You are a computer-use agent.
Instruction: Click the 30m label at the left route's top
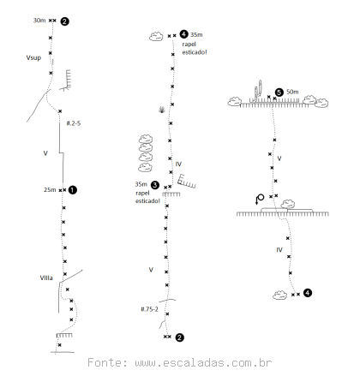[39, 21]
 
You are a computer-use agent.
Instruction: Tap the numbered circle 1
[73, 190]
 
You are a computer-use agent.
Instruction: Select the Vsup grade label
[33, 57]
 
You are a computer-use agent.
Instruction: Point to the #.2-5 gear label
[74, 123]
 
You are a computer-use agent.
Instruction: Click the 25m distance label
[50, 190]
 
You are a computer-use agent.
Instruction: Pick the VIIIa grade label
[46, 278]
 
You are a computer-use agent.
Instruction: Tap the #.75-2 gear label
[149, 309]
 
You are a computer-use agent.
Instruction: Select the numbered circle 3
[154, 185]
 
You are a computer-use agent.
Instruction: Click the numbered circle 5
[279, 93]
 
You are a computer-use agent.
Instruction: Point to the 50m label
[292, 92]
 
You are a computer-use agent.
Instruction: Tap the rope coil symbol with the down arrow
[260, 199]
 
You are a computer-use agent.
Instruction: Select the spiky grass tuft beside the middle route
[162, 110]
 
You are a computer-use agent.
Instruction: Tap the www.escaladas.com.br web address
[203, 363]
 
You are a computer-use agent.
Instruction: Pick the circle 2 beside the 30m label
[64, 21]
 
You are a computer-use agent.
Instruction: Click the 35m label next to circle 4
[196, 35]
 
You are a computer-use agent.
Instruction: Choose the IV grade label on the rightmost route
[279, 250]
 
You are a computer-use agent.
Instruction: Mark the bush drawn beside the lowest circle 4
[280, 295]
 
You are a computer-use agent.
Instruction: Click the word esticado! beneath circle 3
[147, 201]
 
